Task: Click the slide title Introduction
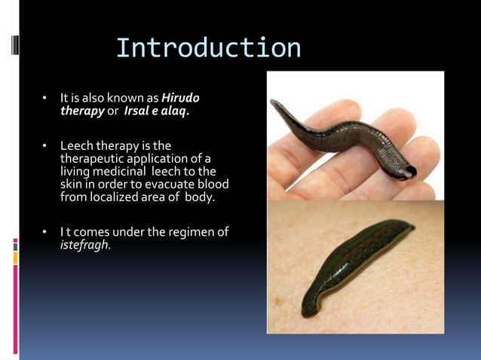208,48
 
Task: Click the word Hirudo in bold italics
181,99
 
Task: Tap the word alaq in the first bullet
174,111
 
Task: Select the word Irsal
138,111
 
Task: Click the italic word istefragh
85,245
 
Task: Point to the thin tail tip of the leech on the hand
274,103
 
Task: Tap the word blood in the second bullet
214,184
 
